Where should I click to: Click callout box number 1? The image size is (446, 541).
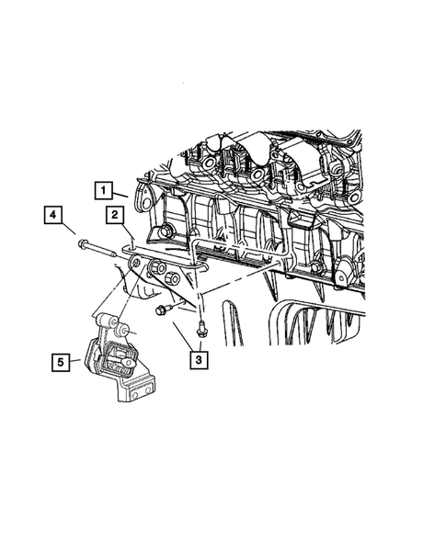(x=107, y=191)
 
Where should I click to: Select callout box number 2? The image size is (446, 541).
(x=115, y=217)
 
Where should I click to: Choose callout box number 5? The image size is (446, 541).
(x=60, y=363)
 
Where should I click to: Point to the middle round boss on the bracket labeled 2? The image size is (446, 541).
(x=155, y=268)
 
